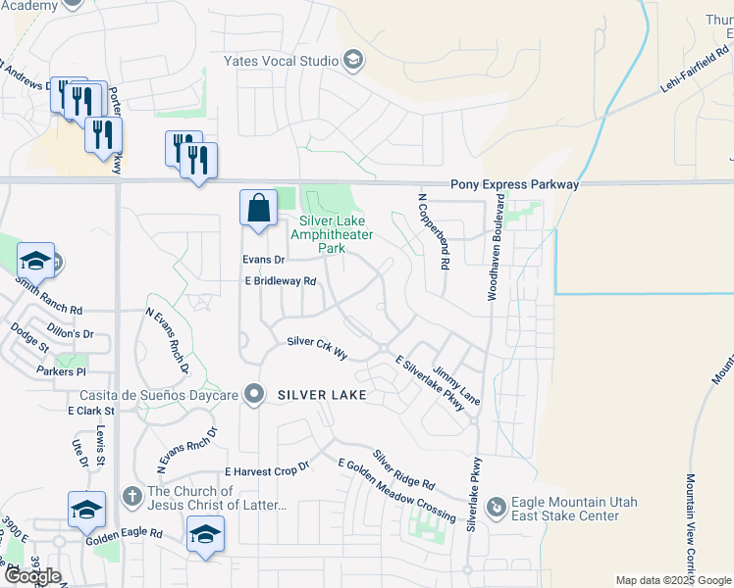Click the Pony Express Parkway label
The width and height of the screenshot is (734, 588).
514,184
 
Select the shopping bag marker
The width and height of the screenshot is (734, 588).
257,209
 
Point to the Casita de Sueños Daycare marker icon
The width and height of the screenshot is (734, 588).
255,395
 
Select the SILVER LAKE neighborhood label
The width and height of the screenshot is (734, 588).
322,395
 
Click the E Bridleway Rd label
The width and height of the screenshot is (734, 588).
281,281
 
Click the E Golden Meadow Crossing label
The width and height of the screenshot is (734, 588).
395,489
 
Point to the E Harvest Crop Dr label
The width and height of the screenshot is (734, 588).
267,471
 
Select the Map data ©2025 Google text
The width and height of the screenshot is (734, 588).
672,580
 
